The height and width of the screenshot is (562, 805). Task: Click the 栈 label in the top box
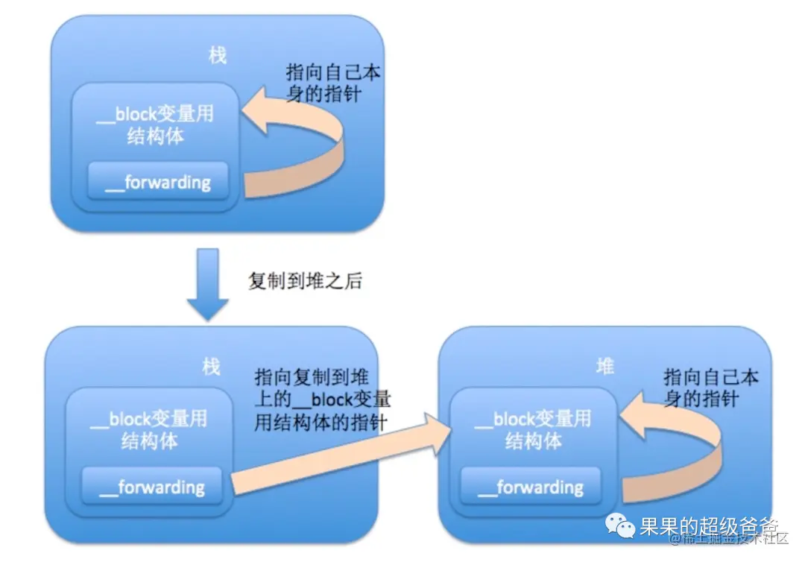point(218,55)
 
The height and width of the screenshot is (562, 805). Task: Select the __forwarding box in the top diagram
point(158,181)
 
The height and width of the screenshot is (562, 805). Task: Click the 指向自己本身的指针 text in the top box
point(333,83)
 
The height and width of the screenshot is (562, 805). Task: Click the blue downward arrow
point(207,283)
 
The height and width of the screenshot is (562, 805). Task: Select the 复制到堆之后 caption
point(305,282)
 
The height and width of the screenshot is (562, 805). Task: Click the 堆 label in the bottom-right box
point(605,366)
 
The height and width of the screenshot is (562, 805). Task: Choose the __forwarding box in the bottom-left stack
point(151,487)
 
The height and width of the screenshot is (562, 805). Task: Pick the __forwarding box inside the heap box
point(530,487)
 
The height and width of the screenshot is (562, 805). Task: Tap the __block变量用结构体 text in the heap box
point(533,430)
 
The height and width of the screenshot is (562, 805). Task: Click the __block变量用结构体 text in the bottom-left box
point(148,430)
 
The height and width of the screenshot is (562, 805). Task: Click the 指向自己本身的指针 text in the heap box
point(710,388)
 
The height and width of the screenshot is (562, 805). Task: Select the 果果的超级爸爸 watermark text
point(708,527)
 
